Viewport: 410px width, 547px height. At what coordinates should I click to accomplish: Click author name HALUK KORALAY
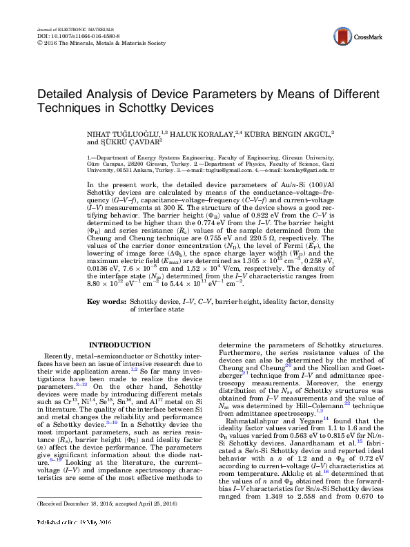click(x=199, y=132)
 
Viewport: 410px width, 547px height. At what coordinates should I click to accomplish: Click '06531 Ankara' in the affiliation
click(x=135, y=169)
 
